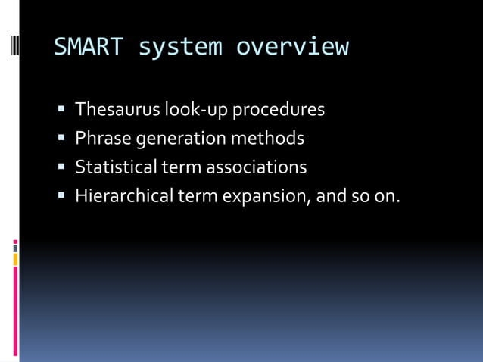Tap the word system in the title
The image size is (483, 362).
point(180,47)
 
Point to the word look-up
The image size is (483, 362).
point(196,111)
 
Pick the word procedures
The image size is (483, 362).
point(278,111)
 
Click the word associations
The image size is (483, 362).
point(257,167)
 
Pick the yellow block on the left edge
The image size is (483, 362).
point(15,260)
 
